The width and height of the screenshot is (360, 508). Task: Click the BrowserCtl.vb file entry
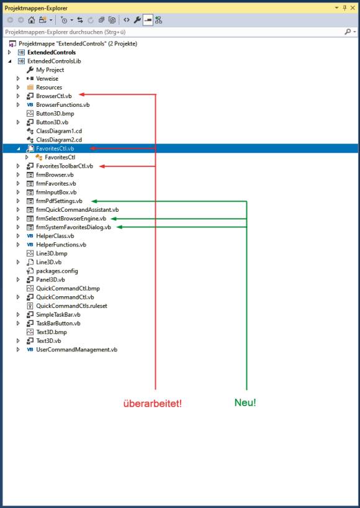click(54, 96)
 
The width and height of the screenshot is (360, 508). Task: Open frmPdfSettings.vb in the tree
click(59, 201)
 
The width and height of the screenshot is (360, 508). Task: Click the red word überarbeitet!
click(153, 404)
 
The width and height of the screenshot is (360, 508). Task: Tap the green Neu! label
click(245, 402)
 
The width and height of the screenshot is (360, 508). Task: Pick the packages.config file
click(57, 271)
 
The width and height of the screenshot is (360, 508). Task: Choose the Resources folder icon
click(30, 87)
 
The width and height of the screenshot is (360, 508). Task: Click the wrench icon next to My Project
click(30, 70)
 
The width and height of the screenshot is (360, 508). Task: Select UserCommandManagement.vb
click(77, 350)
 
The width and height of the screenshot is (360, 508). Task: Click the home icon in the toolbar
click(32, 20)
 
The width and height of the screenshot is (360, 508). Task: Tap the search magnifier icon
click(348, 32)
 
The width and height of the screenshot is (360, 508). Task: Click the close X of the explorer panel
click(353, 8)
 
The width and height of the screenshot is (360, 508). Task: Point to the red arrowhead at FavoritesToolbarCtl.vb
click(101, 166)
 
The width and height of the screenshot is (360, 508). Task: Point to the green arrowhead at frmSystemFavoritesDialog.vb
click(119, 227)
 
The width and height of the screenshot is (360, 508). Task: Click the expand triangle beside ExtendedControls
click(9, 52)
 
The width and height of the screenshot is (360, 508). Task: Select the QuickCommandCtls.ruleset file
click(71, 306)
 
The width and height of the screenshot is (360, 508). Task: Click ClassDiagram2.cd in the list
click(59, 140)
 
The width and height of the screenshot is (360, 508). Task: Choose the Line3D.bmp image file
click(52, 253)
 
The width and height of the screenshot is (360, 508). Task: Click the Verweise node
click(47, 78)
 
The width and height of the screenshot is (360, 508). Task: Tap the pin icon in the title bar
click(344, 8)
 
